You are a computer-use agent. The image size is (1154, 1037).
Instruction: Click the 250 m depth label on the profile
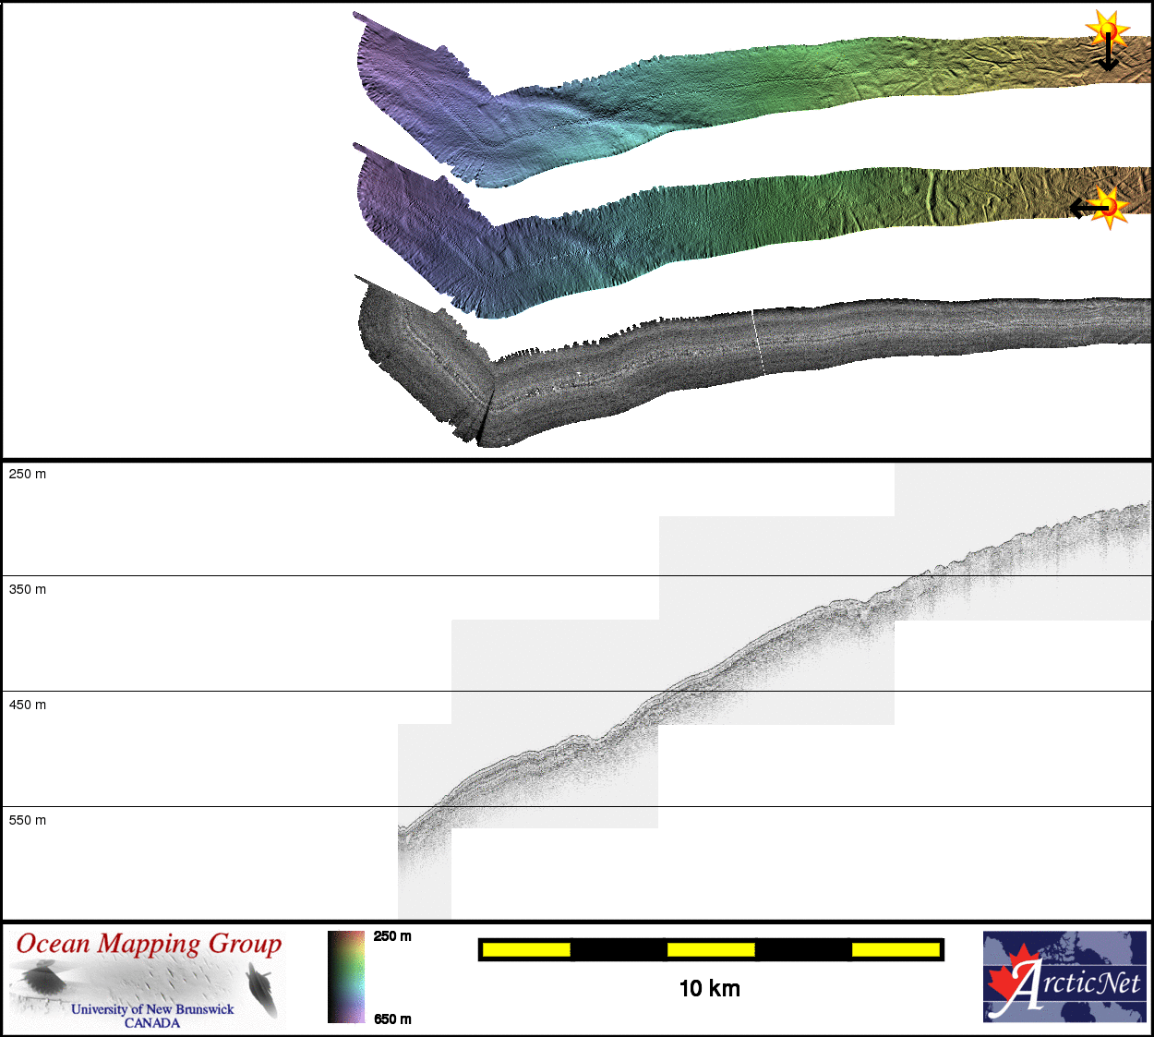coord(28,474)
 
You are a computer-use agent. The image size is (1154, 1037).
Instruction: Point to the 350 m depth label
coord(28,590)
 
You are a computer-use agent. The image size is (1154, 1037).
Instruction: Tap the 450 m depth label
coord(28,705)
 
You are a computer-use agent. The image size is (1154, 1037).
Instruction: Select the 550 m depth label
coord(28,821)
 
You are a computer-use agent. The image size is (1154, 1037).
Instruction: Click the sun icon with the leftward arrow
coord(1100,209)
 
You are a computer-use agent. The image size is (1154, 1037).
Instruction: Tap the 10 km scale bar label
coord(710,989)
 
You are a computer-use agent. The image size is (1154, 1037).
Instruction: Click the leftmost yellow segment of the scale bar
coord(526,949)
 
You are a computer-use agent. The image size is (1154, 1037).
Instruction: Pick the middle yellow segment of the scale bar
coord(711,949)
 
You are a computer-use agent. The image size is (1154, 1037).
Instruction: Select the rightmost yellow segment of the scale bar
coord(896,949)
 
